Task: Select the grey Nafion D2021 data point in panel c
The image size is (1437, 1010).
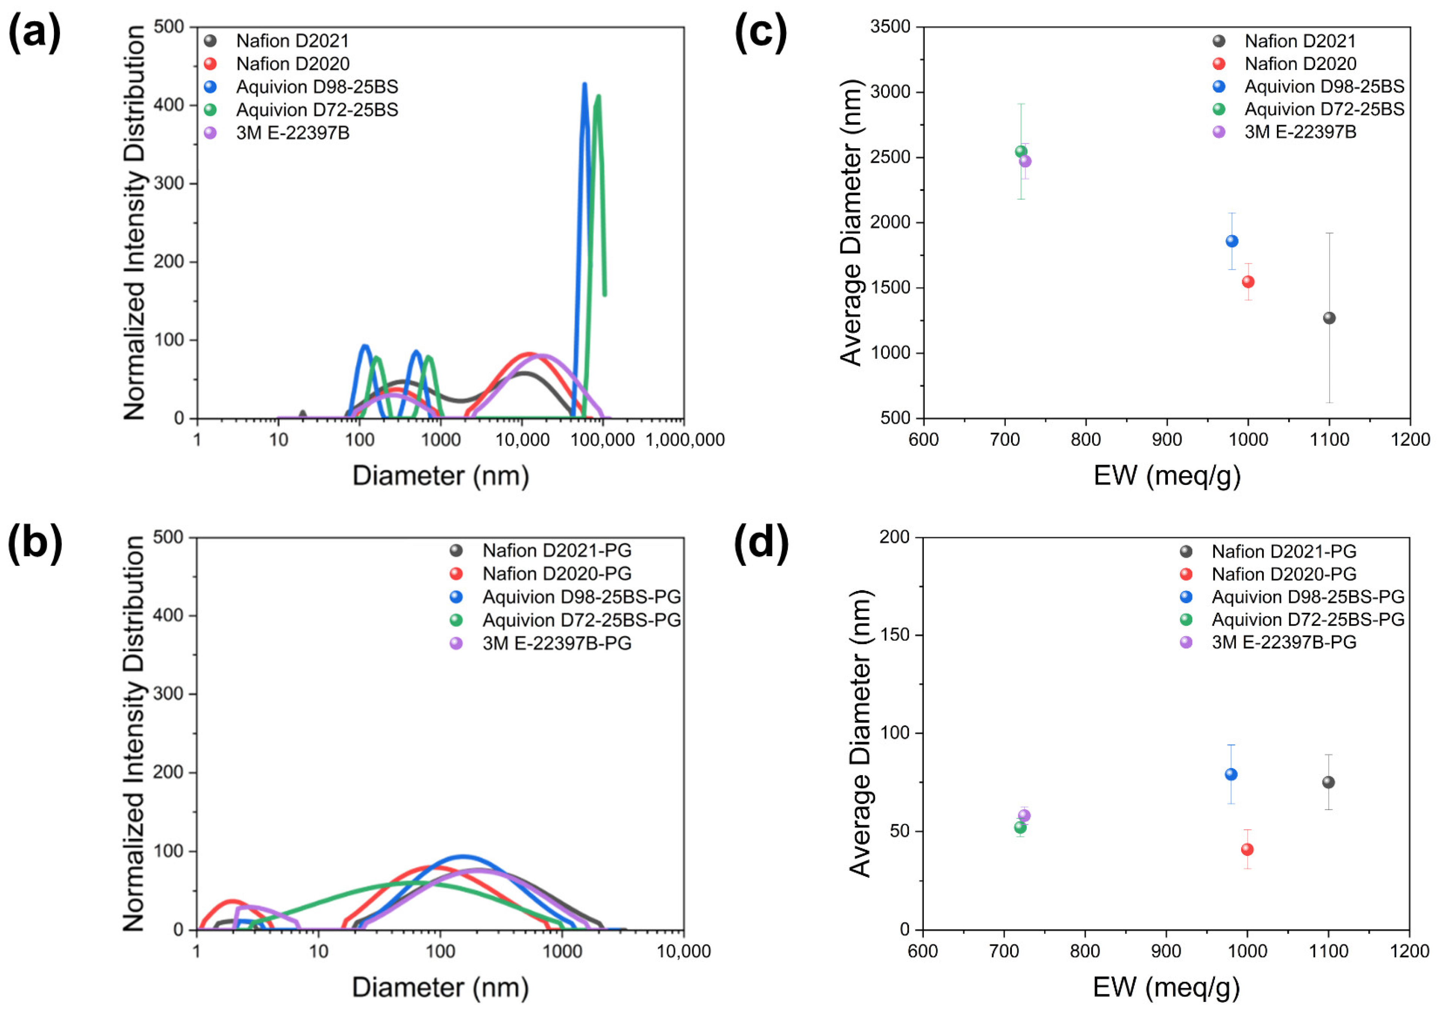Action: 1329,318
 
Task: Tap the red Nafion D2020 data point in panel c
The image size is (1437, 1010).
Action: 1248,282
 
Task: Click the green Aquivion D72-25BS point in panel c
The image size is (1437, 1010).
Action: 1021,151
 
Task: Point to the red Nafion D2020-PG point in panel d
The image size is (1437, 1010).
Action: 1247,849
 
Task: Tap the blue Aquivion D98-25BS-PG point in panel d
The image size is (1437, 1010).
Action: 1231,774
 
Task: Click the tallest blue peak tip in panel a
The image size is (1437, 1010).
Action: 585,85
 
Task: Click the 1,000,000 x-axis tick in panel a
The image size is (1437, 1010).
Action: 685,440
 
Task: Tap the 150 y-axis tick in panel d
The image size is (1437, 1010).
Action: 894,634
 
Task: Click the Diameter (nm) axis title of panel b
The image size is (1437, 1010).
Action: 440,987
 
